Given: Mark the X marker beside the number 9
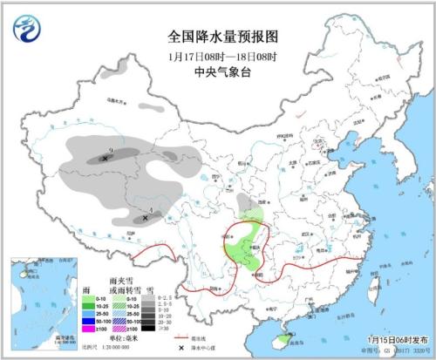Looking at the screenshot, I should (x=105, y=158).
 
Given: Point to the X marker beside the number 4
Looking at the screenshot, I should (x=144, y=218).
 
